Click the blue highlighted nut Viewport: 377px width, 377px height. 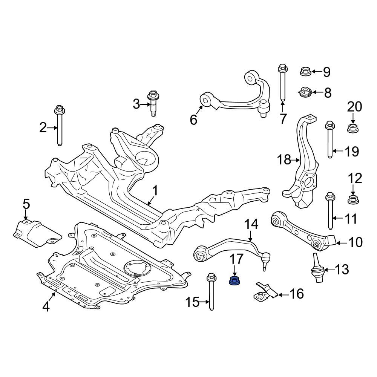[234, 281]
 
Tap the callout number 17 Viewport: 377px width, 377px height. [237, 261]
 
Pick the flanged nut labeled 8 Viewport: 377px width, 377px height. [305, 92]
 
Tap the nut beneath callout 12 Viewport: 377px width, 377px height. [353, 199]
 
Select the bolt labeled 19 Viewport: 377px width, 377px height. [330, 139]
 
